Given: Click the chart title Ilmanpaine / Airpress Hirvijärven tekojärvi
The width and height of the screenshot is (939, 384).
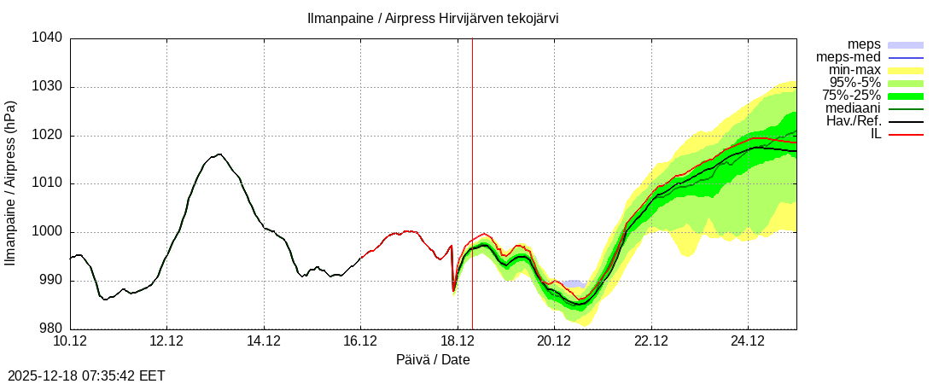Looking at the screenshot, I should point(433,18).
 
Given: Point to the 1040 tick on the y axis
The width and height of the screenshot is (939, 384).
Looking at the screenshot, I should point(48,38).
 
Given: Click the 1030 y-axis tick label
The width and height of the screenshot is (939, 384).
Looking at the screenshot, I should point(48,87).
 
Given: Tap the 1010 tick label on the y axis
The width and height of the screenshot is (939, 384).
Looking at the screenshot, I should point(48,183).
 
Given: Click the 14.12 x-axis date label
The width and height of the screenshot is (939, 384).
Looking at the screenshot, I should point(264,341).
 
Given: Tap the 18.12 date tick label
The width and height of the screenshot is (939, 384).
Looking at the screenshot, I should point(458,341).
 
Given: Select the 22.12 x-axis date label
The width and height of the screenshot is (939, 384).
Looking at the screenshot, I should point(651,341).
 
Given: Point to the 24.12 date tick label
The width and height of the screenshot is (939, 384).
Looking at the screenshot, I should point(748,341).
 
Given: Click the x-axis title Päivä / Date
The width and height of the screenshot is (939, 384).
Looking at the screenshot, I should point(433,360).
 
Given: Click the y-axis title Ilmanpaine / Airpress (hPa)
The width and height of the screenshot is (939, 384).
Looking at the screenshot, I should point(10,183).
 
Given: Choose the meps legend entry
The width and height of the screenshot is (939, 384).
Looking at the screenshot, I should point(864,44).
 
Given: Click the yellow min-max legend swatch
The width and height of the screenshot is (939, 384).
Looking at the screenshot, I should point(906,70).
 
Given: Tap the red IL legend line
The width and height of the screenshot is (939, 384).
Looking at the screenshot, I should point(906,134).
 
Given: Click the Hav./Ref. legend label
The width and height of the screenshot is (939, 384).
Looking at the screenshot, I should point(854,121).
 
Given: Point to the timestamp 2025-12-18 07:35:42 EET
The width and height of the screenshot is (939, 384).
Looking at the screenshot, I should point(86,375).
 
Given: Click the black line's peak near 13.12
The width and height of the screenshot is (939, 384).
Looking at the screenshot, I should point(219,154).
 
